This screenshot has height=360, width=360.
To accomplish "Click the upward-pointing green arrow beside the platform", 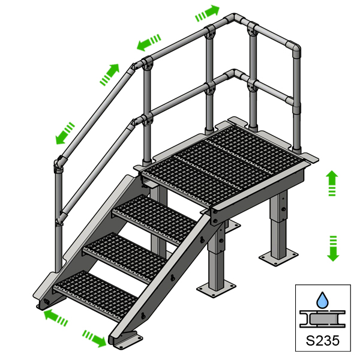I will (x=332, y=183).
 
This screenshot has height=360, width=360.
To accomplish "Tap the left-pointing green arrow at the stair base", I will (x=55, y=316).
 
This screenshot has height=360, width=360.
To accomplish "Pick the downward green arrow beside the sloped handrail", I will (x=64, y=133).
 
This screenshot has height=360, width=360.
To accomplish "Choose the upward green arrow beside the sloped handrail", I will (x=108, y=74).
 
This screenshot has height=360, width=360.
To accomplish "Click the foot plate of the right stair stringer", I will (x=127, y=341).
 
